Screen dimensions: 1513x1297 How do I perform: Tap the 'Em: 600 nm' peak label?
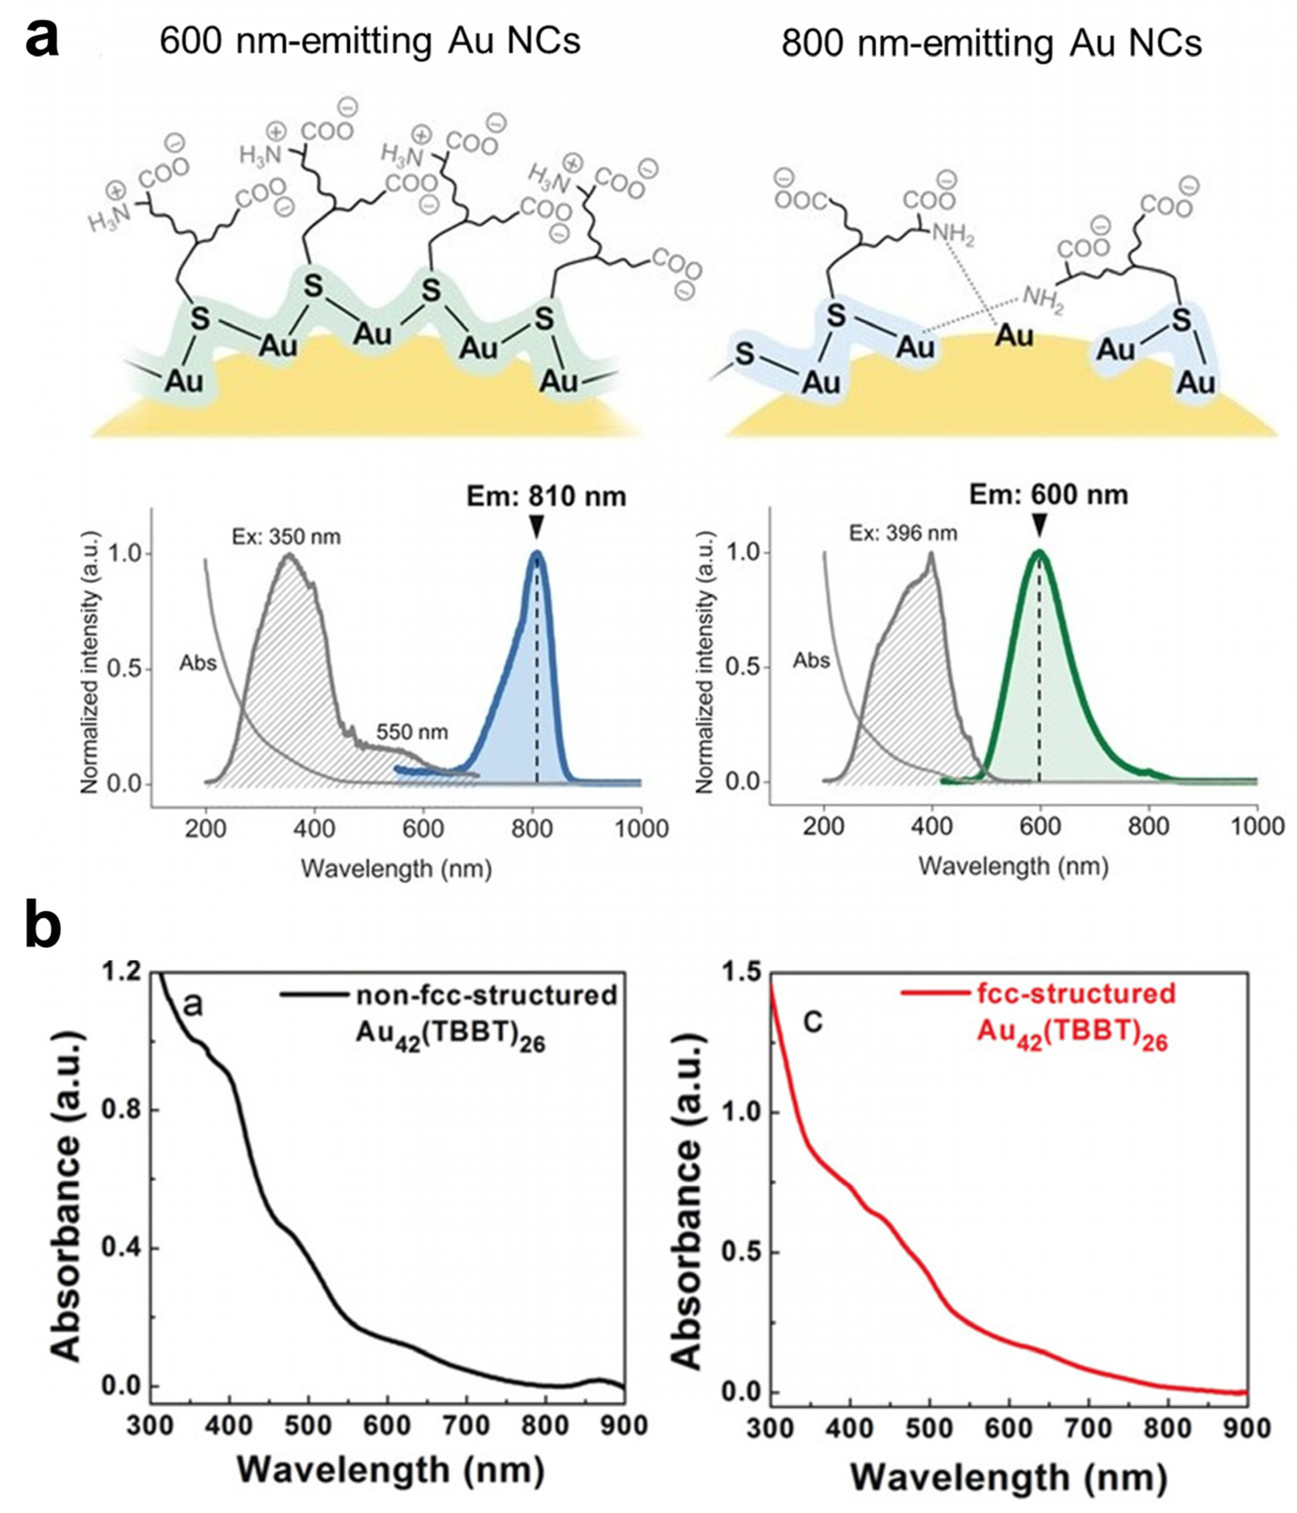point(1048,495)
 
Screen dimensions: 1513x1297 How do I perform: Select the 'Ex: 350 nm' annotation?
point(286,537)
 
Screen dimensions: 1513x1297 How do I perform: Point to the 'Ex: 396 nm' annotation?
point(903,533)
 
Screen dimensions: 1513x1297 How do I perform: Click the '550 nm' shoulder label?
point(412,731)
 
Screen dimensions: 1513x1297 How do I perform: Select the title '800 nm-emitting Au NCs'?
point(991,44)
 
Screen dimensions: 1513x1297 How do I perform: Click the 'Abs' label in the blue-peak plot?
point(198,663)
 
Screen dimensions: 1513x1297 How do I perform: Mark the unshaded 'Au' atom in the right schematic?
point(1014,336)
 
